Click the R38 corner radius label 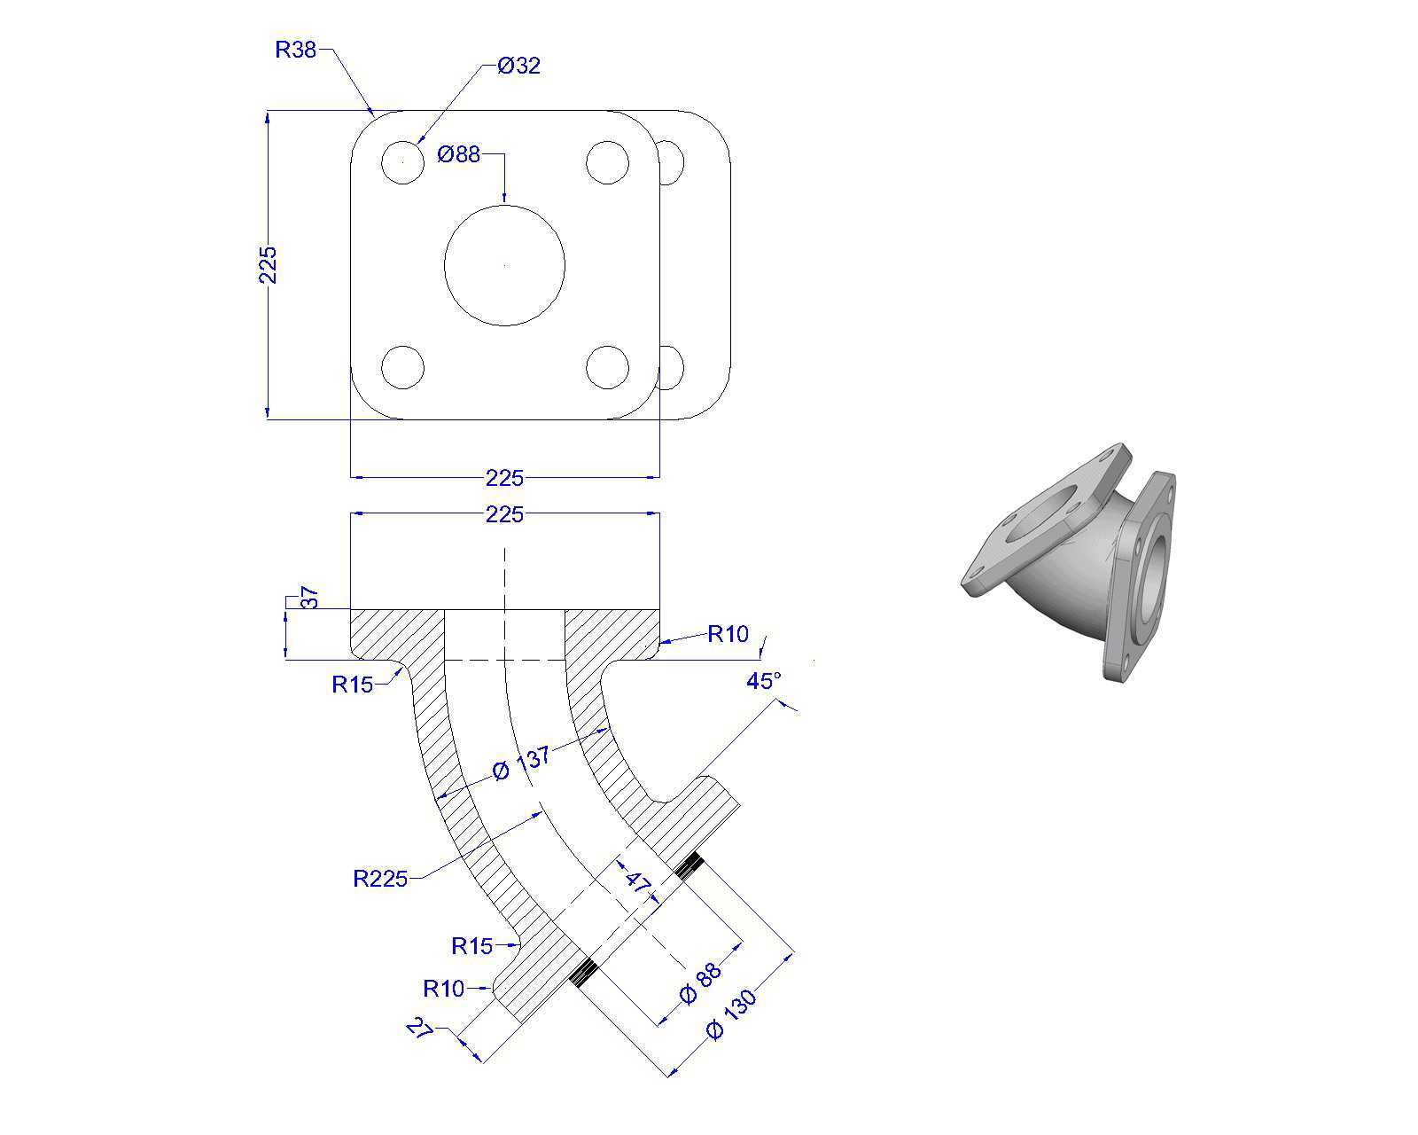coord(295,50)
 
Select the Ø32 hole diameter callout coord(518,66)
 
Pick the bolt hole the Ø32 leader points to coord(402,162)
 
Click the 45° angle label coord(764,681)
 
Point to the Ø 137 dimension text coord(521,764)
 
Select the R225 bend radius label coord(380,879)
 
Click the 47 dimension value coord(637,881)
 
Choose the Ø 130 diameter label coord(730,1014)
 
